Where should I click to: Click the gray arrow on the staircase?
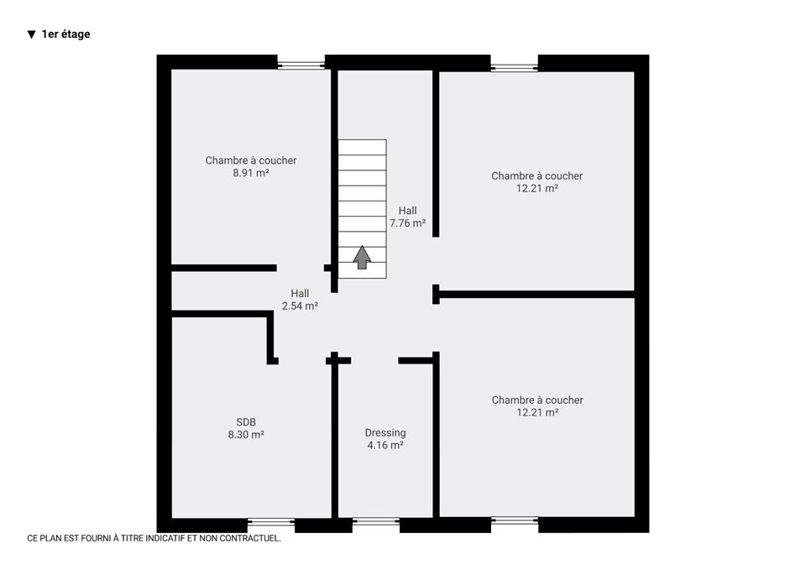click(363, 257)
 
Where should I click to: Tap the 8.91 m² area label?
click(251, 173)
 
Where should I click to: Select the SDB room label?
click(246, 422)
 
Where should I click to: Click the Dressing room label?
click(385, 433)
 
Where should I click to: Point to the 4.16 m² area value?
click(385, 445)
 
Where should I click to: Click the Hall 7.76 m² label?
click(408, 217)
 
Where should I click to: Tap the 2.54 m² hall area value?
click(300, 306)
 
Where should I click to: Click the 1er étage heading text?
click(65, 34)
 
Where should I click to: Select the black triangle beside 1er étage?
click(31, 34)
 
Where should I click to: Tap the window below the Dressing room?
click(376, 521)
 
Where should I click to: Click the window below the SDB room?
click(271, 522)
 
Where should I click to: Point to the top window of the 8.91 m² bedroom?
click(301, 65)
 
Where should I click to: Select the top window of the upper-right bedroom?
click(514, 67)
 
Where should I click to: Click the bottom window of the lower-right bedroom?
click(515, 520)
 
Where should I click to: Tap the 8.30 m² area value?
click(246, 434)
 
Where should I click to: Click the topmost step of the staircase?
click(363, 147)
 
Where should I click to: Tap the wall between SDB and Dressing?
click(335, 437)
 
